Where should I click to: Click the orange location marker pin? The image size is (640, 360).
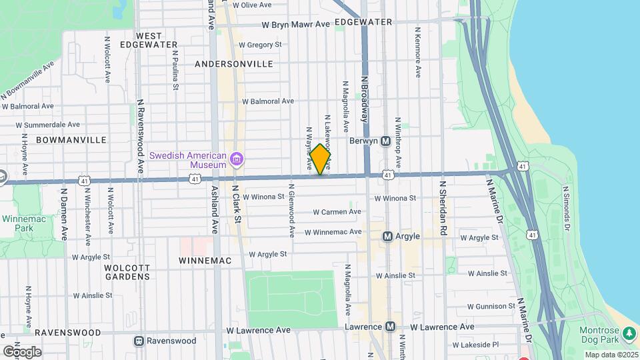point(320,160)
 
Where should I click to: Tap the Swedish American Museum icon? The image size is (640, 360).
point(236,159)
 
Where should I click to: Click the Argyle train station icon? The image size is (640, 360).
point(387,237)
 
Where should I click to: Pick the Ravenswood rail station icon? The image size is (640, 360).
point(139,341)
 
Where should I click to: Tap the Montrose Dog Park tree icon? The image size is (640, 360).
point(629,332)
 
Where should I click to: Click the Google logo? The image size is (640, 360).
point(22,351)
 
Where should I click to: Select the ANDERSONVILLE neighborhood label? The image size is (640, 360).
point(234,64)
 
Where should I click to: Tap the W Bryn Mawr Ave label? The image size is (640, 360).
point(296,25)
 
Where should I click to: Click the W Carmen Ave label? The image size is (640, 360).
point(337,212)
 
